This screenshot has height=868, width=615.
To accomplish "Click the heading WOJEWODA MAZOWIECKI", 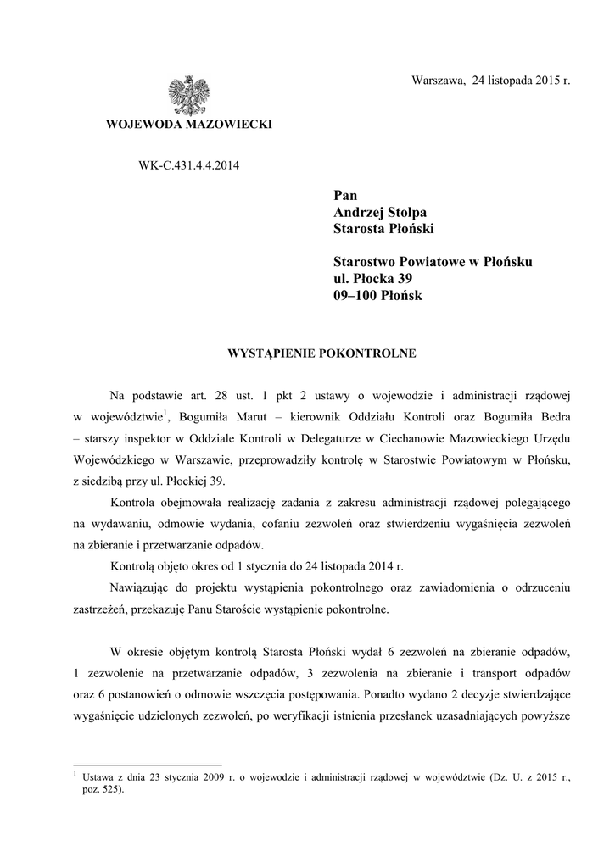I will click(x=188, y=125).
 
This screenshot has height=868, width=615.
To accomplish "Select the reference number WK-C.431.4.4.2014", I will click(x=188, y=165).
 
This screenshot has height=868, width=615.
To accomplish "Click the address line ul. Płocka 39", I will click(x=373, y=278).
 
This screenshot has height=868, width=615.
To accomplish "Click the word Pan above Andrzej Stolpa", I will click(x=345, y=196).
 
